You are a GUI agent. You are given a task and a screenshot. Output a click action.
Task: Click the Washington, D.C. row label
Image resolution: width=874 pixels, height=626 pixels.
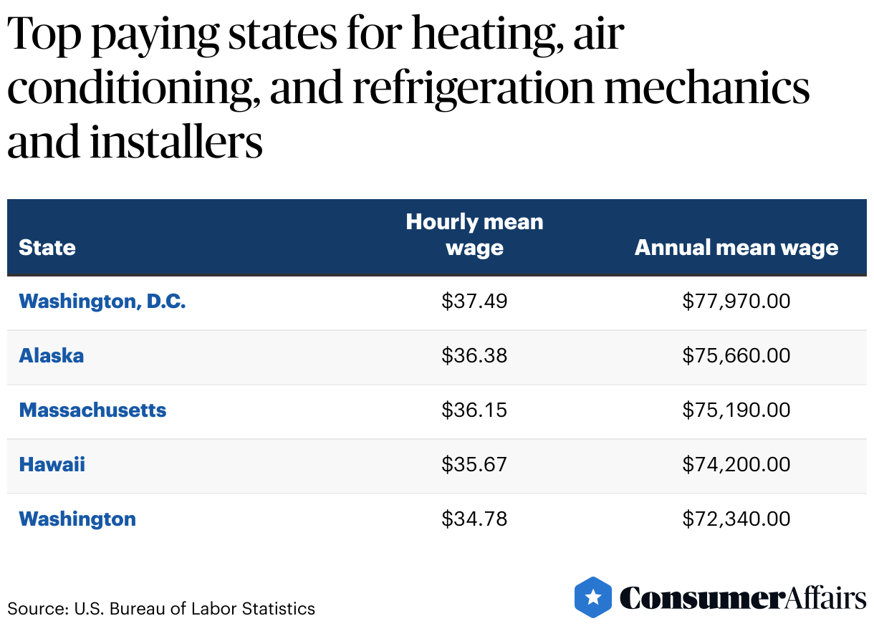pyautogui.click(x=102, y=302)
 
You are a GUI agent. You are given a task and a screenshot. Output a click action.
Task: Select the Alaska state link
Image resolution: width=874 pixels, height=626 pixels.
pyautogui.click(x=51, y=356)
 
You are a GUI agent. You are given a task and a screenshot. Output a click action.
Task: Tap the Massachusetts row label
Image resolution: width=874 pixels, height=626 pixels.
pyautogui.click(x=92, y=410)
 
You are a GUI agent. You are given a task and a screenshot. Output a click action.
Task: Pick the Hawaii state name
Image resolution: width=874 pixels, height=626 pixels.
pyautogui.click(x=52, y=465)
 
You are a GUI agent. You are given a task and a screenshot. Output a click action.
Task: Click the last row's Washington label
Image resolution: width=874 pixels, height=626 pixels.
pyautogui.click(x=77, y=519)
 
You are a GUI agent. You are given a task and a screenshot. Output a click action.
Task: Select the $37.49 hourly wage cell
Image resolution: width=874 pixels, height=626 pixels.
pyautogui.click(x=474, y=302)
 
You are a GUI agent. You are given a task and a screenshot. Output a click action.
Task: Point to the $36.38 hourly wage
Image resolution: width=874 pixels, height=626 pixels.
pyautogui.click(x=474, y=356)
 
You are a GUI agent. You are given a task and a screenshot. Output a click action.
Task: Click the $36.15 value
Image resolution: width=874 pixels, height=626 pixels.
pyautogui.click(x=474, y=410)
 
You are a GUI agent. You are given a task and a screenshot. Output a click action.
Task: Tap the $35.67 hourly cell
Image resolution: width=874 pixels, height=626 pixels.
pyautogui.click(x=474, y=465)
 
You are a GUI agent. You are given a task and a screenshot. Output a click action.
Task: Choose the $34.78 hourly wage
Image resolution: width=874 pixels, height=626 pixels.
pyautogui.click(x=474, y=519)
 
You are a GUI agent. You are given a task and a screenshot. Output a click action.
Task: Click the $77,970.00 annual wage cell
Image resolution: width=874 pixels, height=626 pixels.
pyautogui.click(x=736, y=302)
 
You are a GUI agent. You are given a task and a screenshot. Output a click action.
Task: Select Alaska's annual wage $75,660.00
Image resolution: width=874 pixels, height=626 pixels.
pyautogui.click(x=736, y=356)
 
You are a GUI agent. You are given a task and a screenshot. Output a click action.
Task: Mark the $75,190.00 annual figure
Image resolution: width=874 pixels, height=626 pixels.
pyautogui.click(x=736, y=410)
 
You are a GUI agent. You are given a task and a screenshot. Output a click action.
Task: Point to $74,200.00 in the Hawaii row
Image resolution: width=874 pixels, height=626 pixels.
pyautogui.click(x=736, y=465)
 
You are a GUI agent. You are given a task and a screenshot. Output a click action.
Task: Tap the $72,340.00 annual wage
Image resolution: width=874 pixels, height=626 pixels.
pyautogui.click(x=736, y=519)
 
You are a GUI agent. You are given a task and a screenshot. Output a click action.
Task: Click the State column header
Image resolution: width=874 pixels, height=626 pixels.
pyautogui.click(x=47, y=248)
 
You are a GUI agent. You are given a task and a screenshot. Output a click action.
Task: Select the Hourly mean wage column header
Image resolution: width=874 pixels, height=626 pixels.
pyautogui.click(x=474, y=235)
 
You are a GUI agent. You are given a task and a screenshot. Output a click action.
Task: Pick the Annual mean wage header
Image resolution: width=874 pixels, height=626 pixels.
pyautogui.click(x=736, y=248)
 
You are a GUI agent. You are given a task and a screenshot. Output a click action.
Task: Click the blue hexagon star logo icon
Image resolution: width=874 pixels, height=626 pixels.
pyautogui.click(x=593, y=597)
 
